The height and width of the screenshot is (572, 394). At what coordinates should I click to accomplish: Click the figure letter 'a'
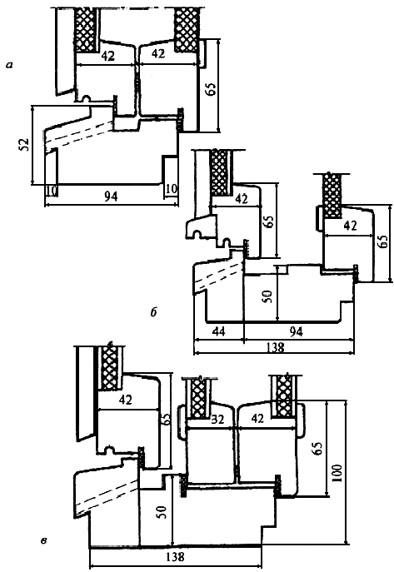pos(9,66)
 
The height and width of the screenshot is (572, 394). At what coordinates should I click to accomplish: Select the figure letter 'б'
pos(153,312)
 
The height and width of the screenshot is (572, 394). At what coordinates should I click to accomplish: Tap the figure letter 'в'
pos(44,540)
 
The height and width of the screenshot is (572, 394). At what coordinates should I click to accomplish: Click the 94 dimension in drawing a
pos(111,196)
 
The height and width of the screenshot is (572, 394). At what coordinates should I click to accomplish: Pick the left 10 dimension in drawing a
pos(52,190)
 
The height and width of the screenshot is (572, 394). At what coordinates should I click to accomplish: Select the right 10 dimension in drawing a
pos(171,189)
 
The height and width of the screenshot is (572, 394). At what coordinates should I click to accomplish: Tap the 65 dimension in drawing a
pos(211,88)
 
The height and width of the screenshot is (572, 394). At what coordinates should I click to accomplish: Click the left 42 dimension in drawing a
pos(108,56)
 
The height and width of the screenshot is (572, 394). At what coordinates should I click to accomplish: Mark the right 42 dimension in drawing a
pos(158,53)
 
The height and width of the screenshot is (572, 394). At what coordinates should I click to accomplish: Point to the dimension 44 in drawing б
pos(218,331)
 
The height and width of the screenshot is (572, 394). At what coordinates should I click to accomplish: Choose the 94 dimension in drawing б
pos(296,331)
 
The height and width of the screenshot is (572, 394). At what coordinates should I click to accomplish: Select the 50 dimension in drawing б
pos(267,296)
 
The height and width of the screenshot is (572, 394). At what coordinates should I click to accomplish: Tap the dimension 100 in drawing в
pos(337,473)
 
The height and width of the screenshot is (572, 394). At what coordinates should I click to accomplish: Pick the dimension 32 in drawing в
pos(217,420)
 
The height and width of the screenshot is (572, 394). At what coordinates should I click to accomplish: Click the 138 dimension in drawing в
pos(176,557)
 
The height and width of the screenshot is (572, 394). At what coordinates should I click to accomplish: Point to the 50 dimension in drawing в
pos(162,512)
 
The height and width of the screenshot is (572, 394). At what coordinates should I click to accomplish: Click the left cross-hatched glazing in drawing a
pos(87,30)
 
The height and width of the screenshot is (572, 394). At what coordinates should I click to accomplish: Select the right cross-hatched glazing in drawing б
pos(332,196)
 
